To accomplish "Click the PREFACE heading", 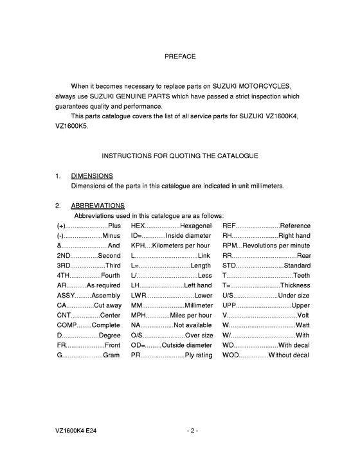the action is (x=180, y=57).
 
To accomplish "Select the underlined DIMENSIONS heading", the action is (x=92, y=175).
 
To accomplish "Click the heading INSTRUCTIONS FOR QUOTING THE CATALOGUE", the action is (x=180, y=156).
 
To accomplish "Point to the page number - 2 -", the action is (x=192, y=430).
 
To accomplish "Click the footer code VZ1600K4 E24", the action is (x=77, y=430).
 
